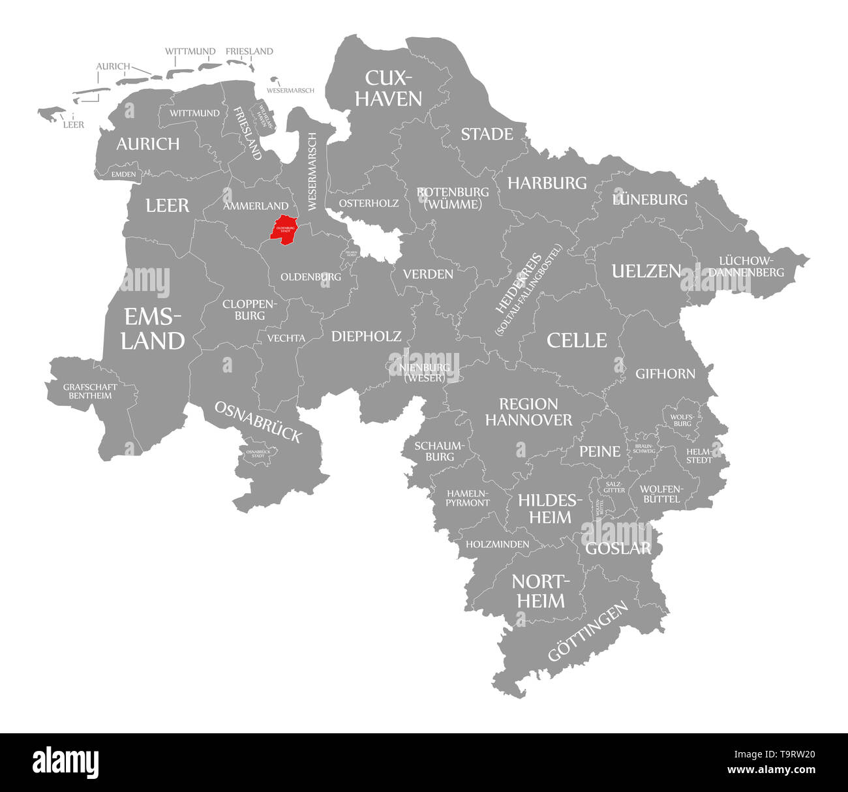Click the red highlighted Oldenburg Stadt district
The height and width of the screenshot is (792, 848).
(284, 230)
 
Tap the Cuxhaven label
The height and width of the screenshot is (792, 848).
(393, 88)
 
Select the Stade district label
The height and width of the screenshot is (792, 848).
(487, 134)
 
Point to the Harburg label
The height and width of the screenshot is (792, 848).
(547, 183)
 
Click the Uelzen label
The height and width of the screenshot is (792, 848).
(646, 271)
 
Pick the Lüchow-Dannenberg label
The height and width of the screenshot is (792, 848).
(746, 266)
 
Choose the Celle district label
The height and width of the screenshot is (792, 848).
(577, 340)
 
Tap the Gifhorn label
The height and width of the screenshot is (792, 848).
(665, 374)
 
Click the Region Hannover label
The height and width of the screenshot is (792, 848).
(528, 412)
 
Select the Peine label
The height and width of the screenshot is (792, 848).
(600, 451)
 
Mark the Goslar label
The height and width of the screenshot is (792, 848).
(618, 548)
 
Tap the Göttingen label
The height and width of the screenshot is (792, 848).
(588, 631)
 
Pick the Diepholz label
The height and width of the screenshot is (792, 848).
(366, 336)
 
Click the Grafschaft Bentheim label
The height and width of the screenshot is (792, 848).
(91, 391)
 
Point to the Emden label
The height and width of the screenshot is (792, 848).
(123, 174)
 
